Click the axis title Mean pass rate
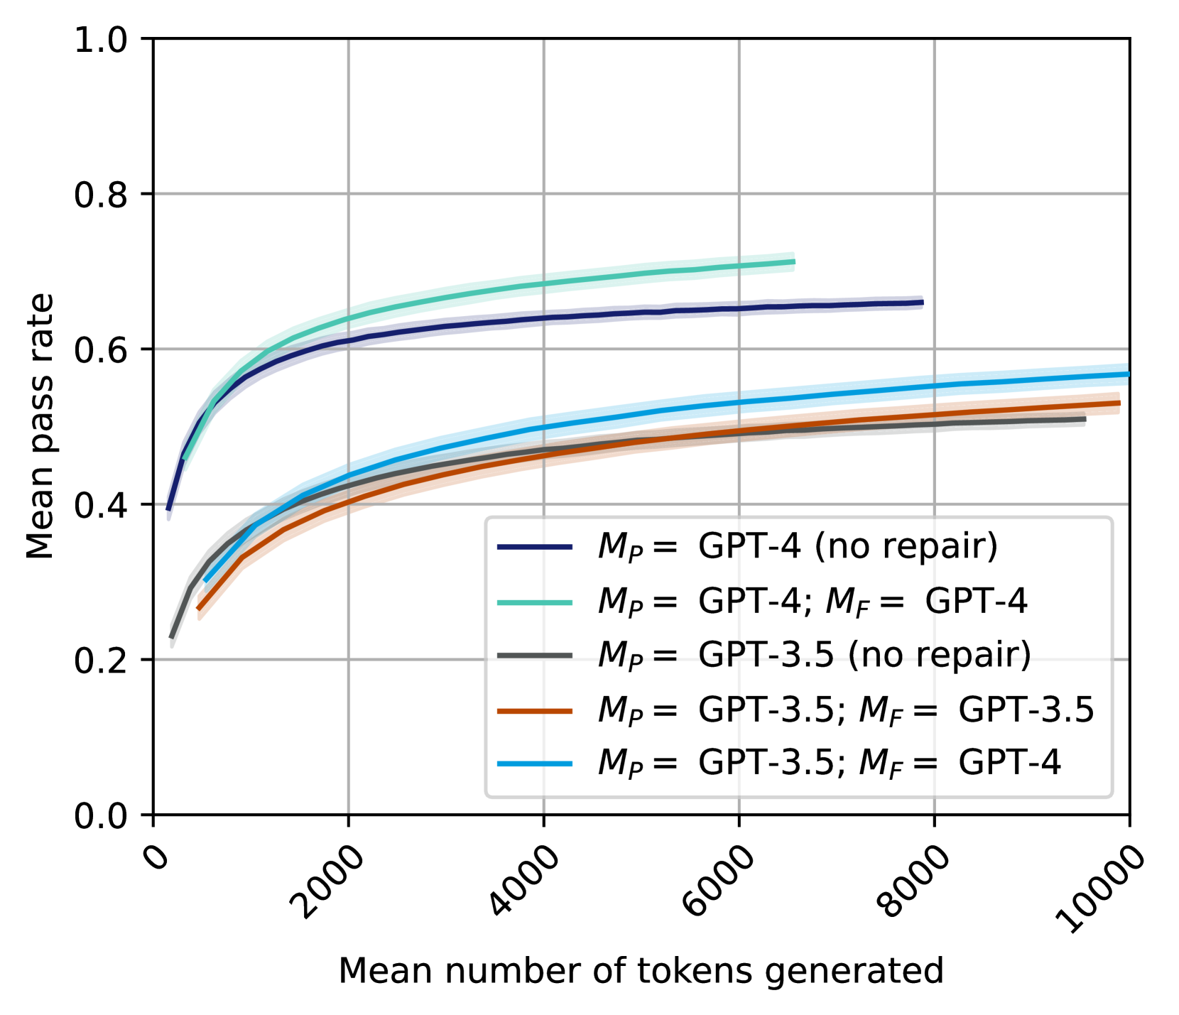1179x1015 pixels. point(40,426)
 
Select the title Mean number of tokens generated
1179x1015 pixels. point(641,970)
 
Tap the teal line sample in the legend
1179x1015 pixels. point(535,602)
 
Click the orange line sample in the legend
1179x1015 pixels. point(535,710)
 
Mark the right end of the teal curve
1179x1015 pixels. point(794,262)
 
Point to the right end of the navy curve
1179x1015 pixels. point(922,303)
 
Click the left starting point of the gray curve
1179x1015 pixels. point(171,637)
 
